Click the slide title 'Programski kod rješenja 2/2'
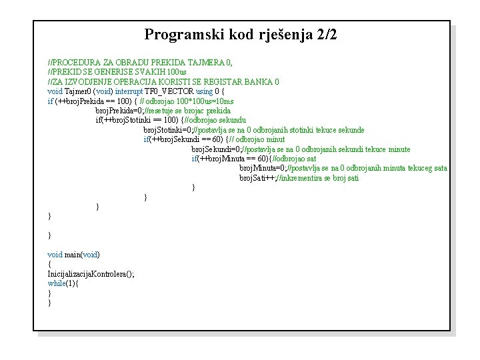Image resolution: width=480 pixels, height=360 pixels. click(x=241, y=35)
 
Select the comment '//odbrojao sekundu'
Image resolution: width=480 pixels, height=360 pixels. click(x=217, y=120)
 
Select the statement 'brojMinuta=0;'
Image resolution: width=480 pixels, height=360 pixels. click(x=263, y=169)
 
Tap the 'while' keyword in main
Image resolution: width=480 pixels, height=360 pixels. click(x=57, y=283)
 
